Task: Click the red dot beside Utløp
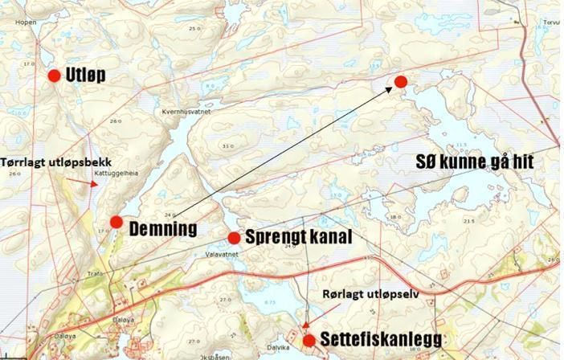[54, 76]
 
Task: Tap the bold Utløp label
[85, 76]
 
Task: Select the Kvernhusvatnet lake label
[185, 112]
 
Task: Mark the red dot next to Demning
[116, 222]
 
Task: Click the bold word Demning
[163, 229]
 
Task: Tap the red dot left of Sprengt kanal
[234, 238]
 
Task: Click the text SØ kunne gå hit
[474, 162]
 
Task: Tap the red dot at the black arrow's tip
[401, 82]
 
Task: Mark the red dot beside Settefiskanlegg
[309, 341]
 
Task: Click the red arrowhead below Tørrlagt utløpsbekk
[95, 184]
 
